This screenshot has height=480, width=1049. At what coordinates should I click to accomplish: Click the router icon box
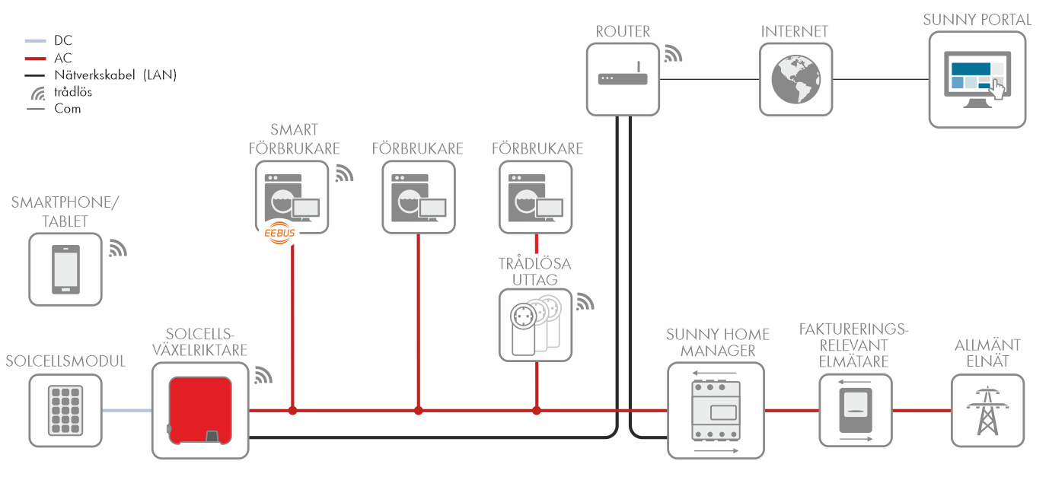click(x=623, y=79)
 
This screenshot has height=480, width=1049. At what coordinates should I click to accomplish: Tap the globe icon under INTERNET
click(x=796, y=79)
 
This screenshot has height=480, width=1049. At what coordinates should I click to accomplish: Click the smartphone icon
click(x=65, y=269)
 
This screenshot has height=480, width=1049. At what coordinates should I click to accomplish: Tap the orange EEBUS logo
click(x=278, y=234)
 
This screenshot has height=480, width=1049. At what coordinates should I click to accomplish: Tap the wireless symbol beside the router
click(x=673, y=53)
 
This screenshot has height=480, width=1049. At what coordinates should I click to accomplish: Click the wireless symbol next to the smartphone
click(x=117, y=248)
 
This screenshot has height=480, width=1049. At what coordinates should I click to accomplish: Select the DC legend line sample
click(x=36, y=41)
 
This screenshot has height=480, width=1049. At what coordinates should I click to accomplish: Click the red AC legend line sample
click(x=36, y=58)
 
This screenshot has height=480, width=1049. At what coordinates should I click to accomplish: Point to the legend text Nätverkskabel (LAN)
click(x=115, y=75)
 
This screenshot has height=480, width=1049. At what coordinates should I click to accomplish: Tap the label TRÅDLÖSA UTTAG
click(x=534, y=272)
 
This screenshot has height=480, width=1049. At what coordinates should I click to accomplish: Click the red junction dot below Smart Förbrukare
click(x=292, y=411)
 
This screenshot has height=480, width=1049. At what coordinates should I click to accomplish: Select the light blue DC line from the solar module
click(x=126, y=411)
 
